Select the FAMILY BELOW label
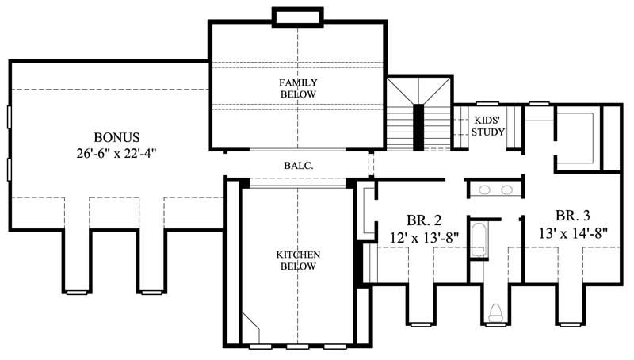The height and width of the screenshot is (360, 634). point(298,88)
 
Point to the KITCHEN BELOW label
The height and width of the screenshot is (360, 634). point(298,260)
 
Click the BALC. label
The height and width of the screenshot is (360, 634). point(298,166)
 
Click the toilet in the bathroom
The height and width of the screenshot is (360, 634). point(496,312)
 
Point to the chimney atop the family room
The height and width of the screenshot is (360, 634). point(297,15)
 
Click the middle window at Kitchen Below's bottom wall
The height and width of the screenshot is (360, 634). point(297,347)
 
